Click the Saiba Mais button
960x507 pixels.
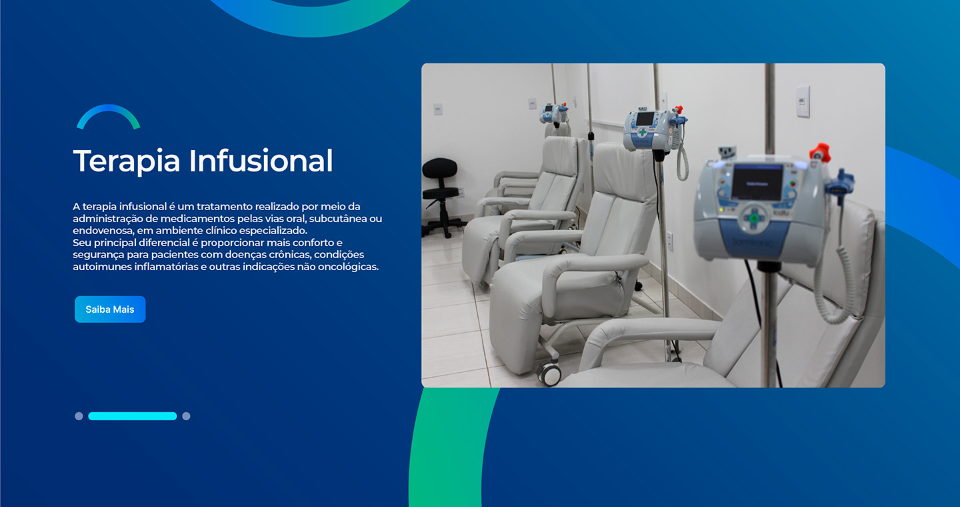tap(110, 310)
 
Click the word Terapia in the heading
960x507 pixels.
tap(127, 161)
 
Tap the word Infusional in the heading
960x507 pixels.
tap(261, 160)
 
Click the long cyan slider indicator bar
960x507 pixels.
tap(133, 416)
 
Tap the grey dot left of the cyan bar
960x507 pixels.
tap(79, 416)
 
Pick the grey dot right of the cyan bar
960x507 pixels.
tap(186, 416)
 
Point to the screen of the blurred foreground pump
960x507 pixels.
tap(757, 182)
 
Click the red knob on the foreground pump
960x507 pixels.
tap(820, 152)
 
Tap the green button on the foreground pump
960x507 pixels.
tap(754, 218)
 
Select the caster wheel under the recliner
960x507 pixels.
tap(549, 374)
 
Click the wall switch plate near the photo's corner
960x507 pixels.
tap(803, 101)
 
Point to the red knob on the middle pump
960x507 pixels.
tap(678, 109)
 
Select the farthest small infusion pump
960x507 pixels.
tap(553, 113)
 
